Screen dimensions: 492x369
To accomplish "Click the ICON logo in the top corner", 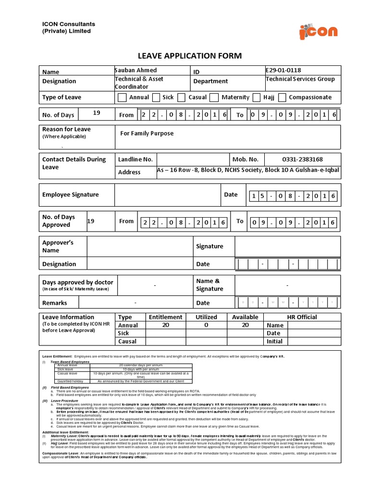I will point(318,32).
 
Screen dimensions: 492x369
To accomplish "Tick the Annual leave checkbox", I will point(122,98).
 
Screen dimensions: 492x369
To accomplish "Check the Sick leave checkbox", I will point(156,98).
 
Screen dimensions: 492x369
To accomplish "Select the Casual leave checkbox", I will point(181,98).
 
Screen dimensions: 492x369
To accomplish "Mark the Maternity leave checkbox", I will point(214,98).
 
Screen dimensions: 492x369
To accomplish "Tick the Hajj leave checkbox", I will point(256,98).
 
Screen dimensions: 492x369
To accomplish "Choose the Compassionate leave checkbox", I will point(282,98).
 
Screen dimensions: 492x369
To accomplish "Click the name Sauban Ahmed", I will point(136,71).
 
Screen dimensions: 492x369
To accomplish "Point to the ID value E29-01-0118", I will point(283,70).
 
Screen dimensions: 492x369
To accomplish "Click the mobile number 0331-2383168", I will point(302,160).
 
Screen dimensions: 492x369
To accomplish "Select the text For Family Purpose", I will point(147,133).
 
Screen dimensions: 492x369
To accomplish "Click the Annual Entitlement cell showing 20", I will point(165,325).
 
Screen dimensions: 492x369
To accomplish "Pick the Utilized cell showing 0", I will point(206,325).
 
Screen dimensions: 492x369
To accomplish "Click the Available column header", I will point(245,317).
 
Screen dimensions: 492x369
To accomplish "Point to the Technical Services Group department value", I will point(300,79).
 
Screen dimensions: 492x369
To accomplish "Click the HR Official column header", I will point(302,317).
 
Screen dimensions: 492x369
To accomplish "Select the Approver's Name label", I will point(58,246).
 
